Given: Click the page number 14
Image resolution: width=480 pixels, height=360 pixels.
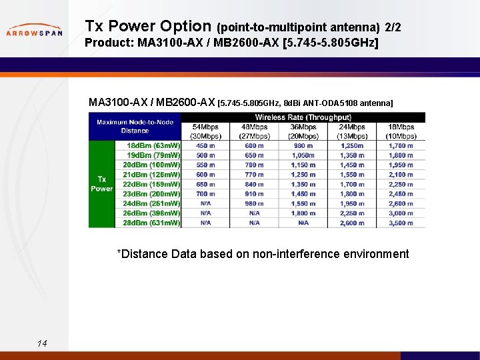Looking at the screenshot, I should [x=42, y=343].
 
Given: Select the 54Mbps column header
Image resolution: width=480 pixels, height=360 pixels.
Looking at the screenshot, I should [x=205, y=131].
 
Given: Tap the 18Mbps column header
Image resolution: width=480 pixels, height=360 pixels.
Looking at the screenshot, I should [x=401, y=131].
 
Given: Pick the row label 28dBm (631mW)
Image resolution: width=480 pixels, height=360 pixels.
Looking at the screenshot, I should [x=151, y=223].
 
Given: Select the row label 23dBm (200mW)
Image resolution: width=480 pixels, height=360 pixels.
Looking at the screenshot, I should [x=151, y=194].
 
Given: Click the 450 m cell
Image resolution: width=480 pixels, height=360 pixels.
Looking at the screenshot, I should [x=205, y=146].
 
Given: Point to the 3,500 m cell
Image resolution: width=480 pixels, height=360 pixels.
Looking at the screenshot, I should [x=401, y=223].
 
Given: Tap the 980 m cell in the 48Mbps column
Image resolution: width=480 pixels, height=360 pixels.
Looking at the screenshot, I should [x=255, y=203].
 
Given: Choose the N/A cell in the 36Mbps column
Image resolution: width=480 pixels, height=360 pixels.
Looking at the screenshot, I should [x=303, y=223].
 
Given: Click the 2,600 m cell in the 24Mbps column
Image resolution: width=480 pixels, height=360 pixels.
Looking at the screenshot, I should [x=352, y=223].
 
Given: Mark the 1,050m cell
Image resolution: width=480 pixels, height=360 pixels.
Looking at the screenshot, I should [x=303, y=155].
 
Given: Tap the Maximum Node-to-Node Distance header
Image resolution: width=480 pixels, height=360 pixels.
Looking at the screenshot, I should [x=135, y=126].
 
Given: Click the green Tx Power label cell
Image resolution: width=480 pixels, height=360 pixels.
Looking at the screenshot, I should [x=101, y=184].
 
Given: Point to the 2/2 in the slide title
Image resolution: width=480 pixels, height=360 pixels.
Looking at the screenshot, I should [x=393, y=27].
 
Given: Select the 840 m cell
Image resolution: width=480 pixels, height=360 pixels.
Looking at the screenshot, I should [x=255, y=184].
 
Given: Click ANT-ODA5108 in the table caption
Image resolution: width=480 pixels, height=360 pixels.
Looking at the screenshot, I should [x=331, y=103].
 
